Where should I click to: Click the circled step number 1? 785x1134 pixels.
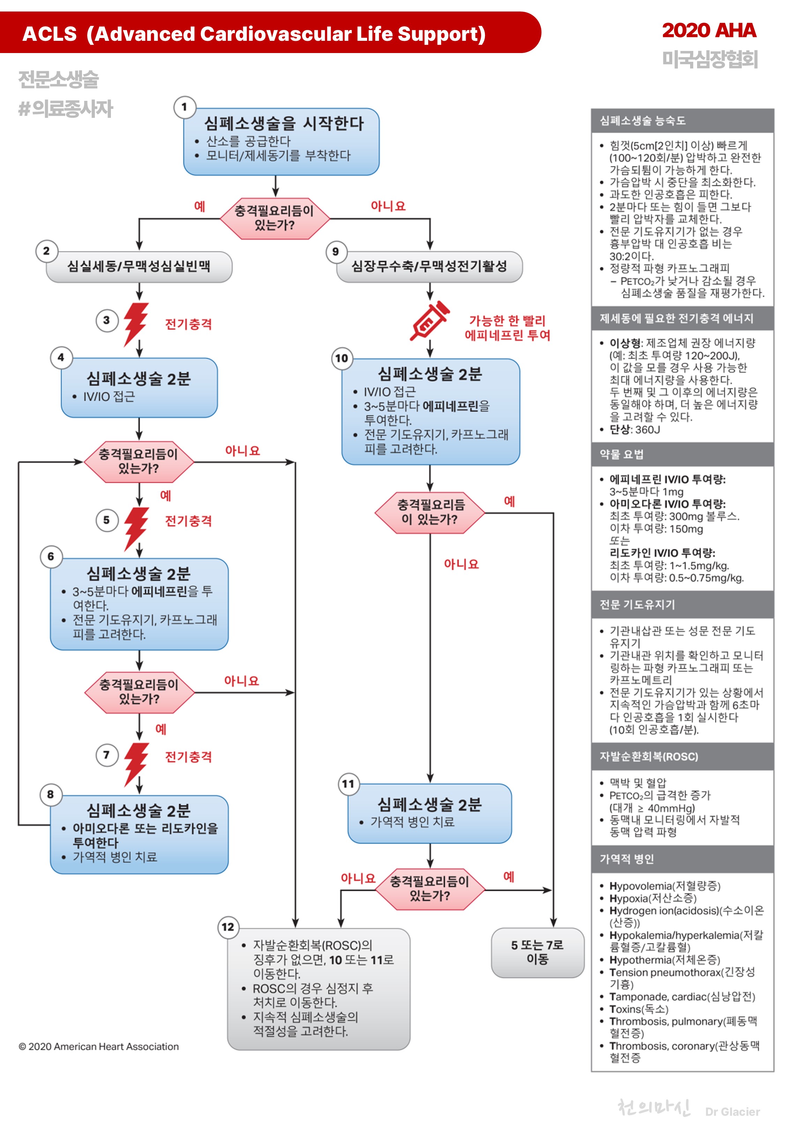(x=185, y=107)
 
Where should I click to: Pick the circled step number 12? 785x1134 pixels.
(x=228, y=927)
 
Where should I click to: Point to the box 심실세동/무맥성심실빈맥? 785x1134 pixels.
(x=139, y=267)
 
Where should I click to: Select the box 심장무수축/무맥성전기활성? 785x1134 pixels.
(x=429, y=267)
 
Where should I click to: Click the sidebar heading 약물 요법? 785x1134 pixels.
(x=621, y=454)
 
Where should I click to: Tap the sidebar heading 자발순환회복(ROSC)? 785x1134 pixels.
(x=648, y=756)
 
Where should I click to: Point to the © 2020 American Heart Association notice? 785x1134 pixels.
(x=99, y=1046)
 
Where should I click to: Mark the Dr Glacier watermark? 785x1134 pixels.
(x=732, y=1111)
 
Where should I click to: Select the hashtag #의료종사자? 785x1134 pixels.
(x=66, y=109)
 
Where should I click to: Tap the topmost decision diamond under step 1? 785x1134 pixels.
(x=275, y=218)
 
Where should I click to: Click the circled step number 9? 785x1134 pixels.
(x=336, y=252)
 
